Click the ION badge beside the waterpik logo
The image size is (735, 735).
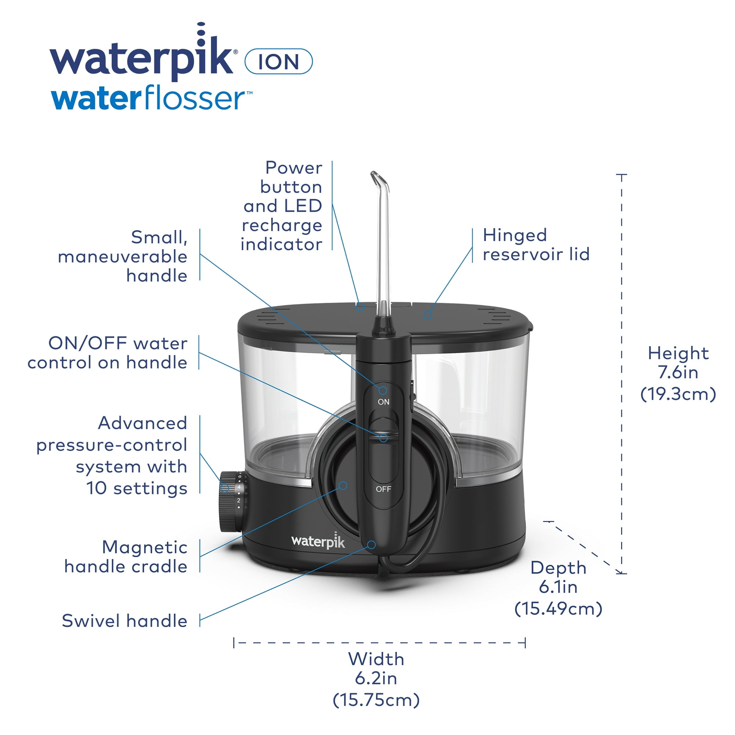[x=279, y=61]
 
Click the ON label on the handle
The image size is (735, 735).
[x=383, y=402]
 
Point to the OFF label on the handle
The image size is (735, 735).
[x=383, y=489]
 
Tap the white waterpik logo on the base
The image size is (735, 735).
[x=318, y=541]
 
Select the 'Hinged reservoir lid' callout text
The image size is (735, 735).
[x=536, y=245]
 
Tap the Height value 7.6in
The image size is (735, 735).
[x=678, y=372]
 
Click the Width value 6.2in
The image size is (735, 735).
[x=376, y=678]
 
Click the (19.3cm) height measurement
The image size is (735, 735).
[x=678, y=394]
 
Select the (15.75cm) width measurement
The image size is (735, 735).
[x=376, y=700]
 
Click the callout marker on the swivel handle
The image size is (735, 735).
[x=372, y=545]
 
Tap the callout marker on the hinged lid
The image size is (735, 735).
[x=428, y=315]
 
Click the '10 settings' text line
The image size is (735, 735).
[x=137, y=488]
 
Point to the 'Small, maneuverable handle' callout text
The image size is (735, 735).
[x=122, y=257]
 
